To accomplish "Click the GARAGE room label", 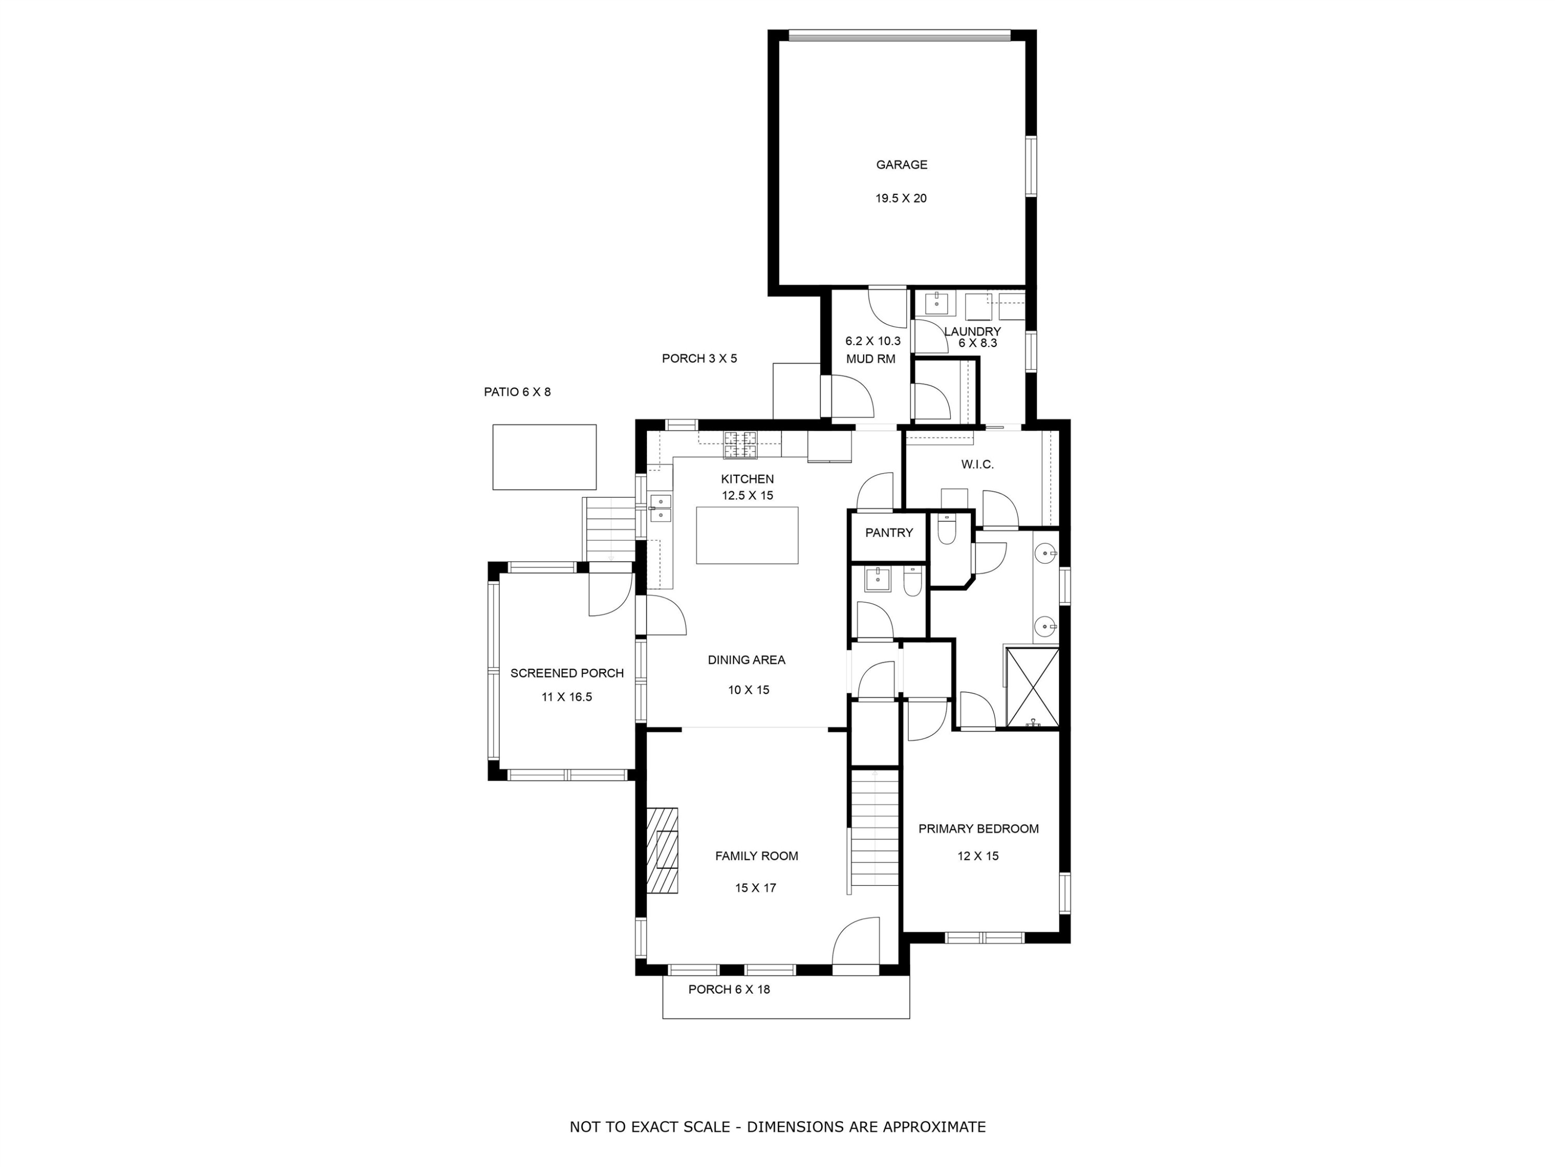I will (901, 164).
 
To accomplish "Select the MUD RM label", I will (870, 359).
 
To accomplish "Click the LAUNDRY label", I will (972, 331).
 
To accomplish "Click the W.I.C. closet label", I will (977, 464).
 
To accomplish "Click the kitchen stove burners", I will (741, 444).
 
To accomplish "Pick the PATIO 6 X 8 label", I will (517, 392).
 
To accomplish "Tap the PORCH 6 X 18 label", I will (729, 989).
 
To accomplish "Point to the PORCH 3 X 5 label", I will (699, 358).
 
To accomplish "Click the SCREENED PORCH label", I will (567, 673).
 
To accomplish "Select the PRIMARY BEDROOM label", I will (978, 829).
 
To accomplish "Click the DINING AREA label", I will (746, 660).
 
